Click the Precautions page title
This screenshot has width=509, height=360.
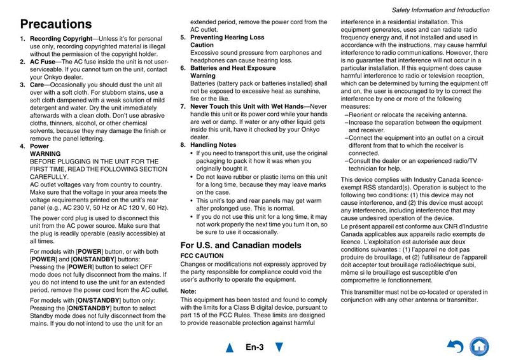pyautogui.click(x=56, y=24)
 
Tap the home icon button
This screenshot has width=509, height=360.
pyautogui.click(x=479, y=347)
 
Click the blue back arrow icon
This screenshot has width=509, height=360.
pyautogui.click(x=455, y=347)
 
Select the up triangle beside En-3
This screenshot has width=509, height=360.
pyautogui.click(x=230, y=347)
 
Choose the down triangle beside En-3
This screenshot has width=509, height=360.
pyautogui.click(x=279, y=347)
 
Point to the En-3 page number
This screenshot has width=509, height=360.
pyautogui.click(x=254, y=347)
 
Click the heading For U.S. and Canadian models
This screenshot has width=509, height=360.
pyautogui.click(x=241, y=245)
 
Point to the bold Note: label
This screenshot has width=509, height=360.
pyautogui.click(x=189, y=291)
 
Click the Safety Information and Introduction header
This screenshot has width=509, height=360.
pyautogui.click(x=440, y=10)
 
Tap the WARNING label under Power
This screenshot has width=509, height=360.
pyautogui.click(x=46, y=154)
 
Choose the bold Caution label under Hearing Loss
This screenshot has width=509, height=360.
pyautogui.click(x=202, y=45)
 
